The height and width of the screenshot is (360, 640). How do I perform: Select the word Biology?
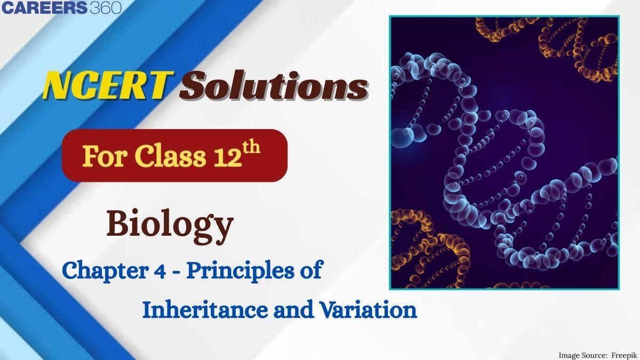pyautogui.click(x=170, y=225)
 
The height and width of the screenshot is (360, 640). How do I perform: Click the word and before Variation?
pyautogui.click(x=288, y=310)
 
